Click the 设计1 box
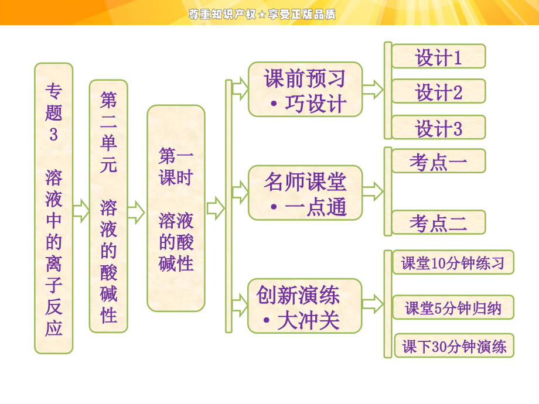pos(438,57)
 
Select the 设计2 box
pos(438,92)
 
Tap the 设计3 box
pos(438,128)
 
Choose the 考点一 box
pos(438,161)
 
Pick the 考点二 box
pos(438,222)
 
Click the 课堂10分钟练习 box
pos(453,262)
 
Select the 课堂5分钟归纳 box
pos(453,307)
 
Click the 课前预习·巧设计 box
pos(305,90)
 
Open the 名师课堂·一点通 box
pos(305,193)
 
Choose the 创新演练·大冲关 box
pos(305,306)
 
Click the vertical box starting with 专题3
pos(53,208)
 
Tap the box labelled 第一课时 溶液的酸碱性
pos(176,208)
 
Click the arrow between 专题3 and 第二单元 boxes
pos(81,210)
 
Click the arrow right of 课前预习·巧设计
pos(373,90)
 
